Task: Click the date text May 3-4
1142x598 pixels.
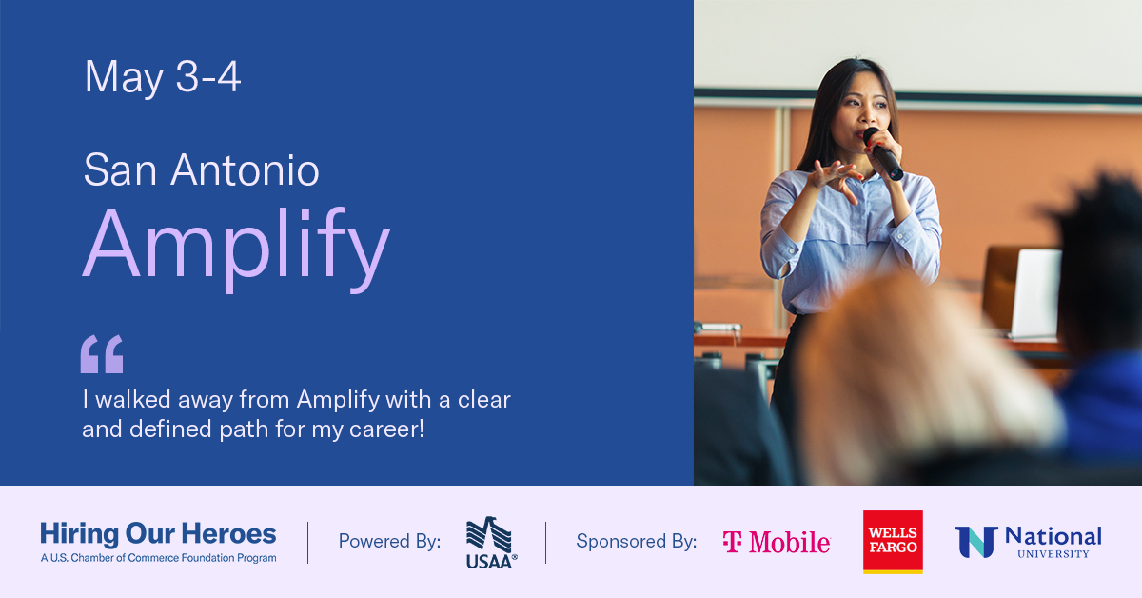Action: [162, 77]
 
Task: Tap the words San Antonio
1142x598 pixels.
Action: [202, 169]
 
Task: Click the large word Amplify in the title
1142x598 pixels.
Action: [236, 249]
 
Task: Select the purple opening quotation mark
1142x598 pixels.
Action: [102, 354]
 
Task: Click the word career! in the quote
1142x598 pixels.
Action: [386, 429]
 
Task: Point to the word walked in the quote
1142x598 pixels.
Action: [133, 399]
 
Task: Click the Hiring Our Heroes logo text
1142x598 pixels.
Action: [158, 533]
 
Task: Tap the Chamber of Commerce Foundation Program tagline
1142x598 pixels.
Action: [159, 558]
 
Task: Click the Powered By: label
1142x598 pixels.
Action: [389, 541]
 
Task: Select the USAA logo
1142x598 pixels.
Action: [491, 543]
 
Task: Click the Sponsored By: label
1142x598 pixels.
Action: [637, 541]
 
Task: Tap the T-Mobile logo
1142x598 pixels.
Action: [777, 542]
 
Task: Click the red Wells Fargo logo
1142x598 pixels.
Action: [893, 542]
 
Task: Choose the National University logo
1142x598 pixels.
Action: [1028, 542]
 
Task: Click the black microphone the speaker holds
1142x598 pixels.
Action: [883, 154]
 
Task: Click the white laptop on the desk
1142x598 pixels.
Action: [1035, 293]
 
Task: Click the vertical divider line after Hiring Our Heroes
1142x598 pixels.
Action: [308, 543]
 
